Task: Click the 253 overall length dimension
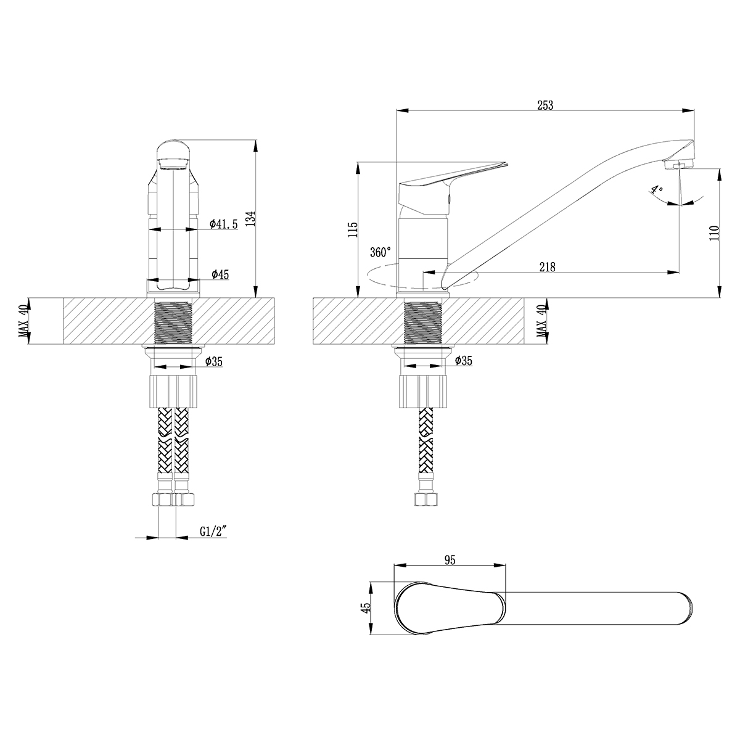click(x=545, y=105)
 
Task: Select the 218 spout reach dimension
click(x=547, y=267)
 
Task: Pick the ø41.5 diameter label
click(x=223, y=224)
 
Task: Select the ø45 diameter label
click(x=219, y=274)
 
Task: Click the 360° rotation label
click(x=380, y=252)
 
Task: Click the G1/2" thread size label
click(x=213, y=532)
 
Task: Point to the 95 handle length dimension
click(x=449, y=560)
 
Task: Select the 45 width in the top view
click(x=366, y=607)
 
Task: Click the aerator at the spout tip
click(x=677, y=165)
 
